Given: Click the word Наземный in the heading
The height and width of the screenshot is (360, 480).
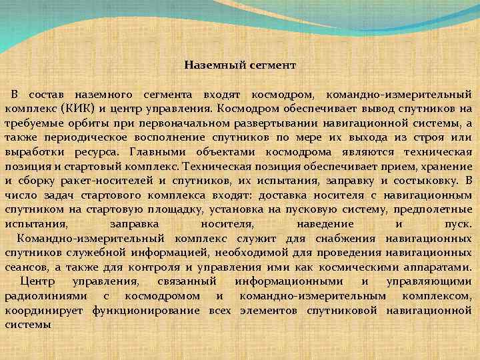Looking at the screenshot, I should pyautogui.click(x=211, y=65).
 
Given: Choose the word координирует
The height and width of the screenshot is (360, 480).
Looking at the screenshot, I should pyautogui.click(x=45, y=311).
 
